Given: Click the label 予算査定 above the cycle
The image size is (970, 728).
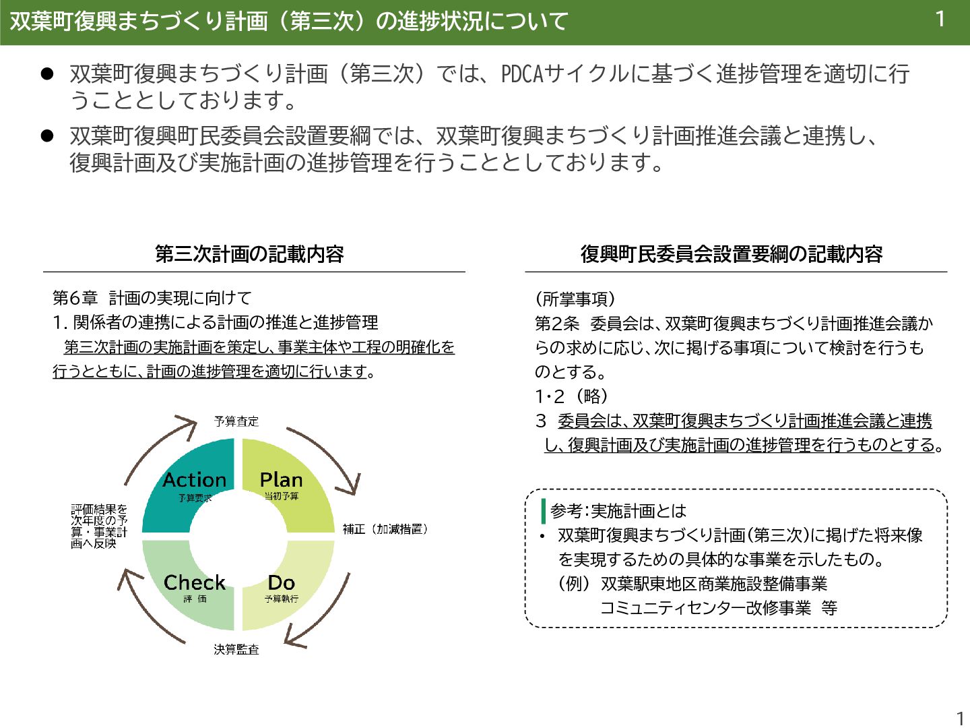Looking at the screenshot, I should pos(236,421).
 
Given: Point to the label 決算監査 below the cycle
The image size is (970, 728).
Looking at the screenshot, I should pos(236,649).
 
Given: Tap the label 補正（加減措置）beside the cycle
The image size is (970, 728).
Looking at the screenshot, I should pos(385,529).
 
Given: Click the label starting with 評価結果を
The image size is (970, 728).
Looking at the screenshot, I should pos(99,526).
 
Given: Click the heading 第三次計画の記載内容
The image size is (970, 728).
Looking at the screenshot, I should pos(249,254).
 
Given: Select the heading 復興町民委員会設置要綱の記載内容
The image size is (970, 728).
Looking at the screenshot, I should pos(732,254).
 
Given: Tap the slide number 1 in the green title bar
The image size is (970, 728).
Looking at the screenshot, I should pos(940,20).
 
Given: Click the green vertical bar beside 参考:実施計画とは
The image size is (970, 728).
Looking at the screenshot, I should pos(543,510).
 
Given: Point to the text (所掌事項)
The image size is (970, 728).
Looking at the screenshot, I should pos(575,299).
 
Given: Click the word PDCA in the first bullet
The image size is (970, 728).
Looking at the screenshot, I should pos(522,73).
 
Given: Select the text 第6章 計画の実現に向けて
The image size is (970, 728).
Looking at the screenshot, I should pos(152,298).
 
